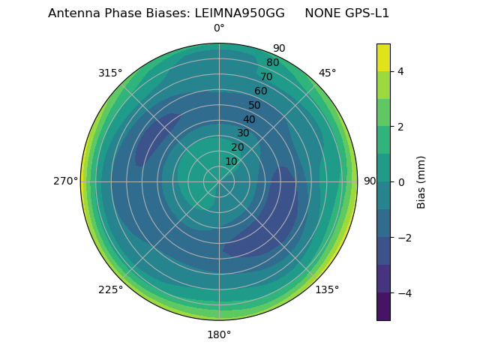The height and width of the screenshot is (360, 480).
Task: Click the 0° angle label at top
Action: click(219, 28)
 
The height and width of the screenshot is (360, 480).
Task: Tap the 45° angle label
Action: click(327, 73)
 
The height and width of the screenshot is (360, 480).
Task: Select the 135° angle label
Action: click(327, 289)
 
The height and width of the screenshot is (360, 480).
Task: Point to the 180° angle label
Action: click(219, 334)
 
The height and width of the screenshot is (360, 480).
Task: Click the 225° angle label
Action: click(110, 289)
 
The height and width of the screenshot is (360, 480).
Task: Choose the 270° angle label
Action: click(66, 181)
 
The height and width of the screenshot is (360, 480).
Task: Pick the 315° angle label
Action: click(110, 73)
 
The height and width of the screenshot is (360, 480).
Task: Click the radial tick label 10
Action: click(231, 161)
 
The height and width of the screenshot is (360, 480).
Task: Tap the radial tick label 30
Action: click(243, 133)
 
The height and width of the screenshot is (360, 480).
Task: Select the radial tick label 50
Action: click(255, 106)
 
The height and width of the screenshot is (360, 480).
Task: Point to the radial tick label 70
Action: click(267, 76)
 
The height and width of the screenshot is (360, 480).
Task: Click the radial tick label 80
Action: click(272, 63)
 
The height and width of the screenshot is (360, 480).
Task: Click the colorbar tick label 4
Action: click(400, 71)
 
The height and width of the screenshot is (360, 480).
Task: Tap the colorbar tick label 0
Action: click(400, 182)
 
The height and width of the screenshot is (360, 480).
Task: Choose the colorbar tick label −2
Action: click(403, 238)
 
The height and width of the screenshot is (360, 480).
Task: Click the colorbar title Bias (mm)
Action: click(421, 182)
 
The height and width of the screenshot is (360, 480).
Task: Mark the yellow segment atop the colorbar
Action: click(383, 57)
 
